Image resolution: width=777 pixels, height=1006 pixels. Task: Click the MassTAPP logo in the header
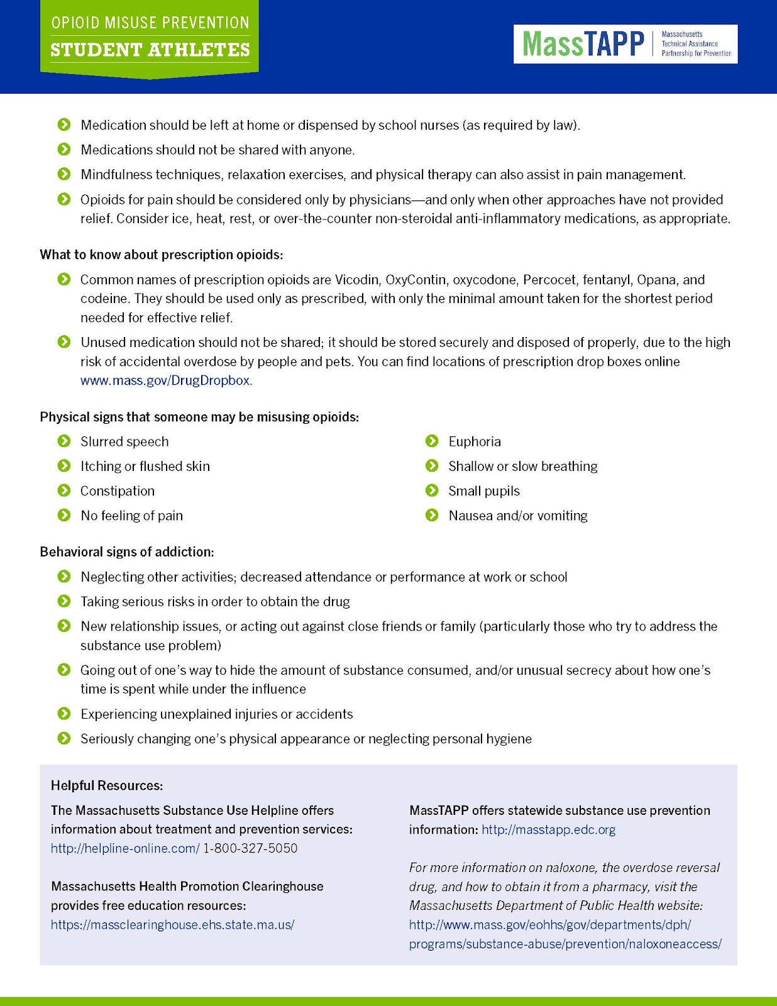(x=625, y=44)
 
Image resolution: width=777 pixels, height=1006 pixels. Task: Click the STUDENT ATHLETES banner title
(x=150, y=50)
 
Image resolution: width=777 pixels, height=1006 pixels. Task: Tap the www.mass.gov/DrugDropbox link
(x=165, y=381)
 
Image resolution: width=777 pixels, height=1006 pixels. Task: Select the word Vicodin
(x=357, y=280)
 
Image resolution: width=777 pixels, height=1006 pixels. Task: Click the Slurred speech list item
(x=124, y=442)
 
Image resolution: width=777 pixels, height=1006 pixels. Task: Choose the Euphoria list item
(x=475, y=442)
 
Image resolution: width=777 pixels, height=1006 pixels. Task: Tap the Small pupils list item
(x=484, y=491)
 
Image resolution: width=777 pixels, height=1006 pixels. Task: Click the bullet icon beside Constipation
(x=64, y=490)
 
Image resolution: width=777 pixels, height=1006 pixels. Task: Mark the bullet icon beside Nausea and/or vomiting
(x=432, y=516)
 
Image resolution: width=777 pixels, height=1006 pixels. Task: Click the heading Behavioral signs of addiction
(x=127, y=552)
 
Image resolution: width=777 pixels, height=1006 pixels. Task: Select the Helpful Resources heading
(x=107, y=785)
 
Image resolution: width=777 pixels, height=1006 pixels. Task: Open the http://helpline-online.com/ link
(x=125, y=848)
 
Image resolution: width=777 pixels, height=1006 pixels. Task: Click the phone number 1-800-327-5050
(x=250, y=848)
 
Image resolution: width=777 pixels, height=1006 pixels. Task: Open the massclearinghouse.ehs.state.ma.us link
(x=172, y=925)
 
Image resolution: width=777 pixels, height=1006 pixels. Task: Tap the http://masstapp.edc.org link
(x=548, y=829)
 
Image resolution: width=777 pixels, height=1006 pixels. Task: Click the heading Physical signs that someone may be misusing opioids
(x=199, y=417)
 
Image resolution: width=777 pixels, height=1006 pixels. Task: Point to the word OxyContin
(x=416, y=280)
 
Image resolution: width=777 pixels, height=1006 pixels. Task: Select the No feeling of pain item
(x=131, y=516)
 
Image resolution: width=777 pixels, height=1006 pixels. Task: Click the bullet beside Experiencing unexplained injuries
(x=64, y=714)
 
